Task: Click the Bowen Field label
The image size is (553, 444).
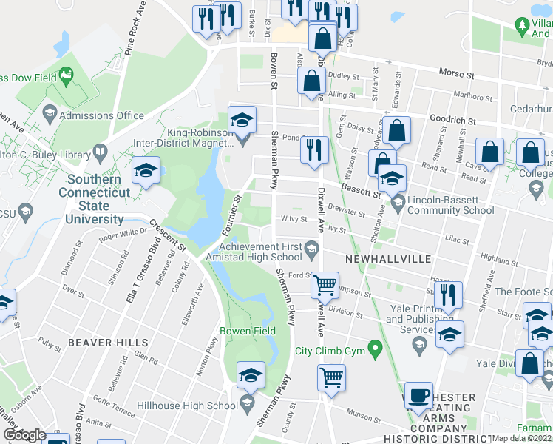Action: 248,331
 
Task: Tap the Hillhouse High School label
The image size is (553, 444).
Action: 191,405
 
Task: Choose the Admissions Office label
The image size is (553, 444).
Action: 101,115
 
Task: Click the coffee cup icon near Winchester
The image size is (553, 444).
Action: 418,396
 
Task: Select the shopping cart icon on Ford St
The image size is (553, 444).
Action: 325,285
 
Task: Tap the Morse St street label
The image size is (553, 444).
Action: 455,75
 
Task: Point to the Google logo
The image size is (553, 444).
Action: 24,435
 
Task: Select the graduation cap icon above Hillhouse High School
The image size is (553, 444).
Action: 251,376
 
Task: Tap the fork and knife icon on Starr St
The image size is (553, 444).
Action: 448,295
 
